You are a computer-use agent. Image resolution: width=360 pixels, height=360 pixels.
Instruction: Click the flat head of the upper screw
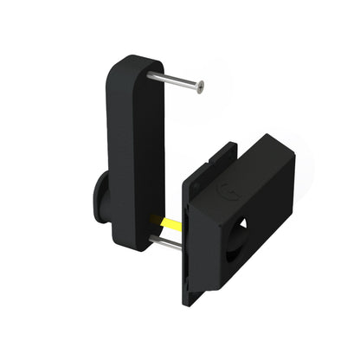point(200,87)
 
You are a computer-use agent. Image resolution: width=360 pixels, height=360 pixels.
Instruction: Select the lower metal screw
point(170,243)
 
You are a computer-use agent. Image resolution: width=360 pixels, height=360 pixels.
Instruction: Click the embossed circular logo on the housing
point(226,189)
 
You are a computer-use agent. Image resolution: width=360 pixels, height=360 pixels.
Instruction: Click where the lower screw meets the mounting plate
point(182,247)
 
